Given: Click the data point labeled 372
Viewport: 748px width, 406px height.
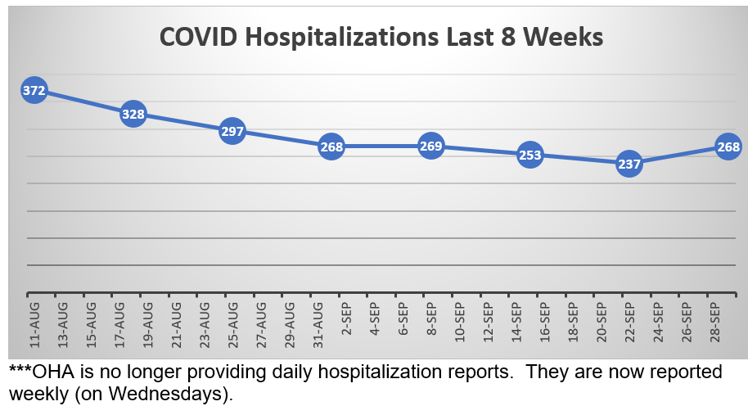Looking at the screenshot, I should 34,90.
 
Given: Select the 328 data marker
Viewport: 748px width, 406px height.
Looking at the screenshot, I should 133,115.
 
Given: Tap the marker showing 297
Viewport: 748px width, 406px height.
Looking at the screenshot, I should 232,132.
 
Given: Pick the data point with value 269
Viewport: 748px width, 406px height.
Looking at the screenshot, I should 430,147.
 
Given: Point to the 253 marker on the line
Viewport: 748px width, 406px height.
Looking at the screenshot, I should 530,155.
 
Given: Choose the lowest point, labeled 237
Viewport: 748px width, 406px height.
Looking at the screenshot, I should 629,164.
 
